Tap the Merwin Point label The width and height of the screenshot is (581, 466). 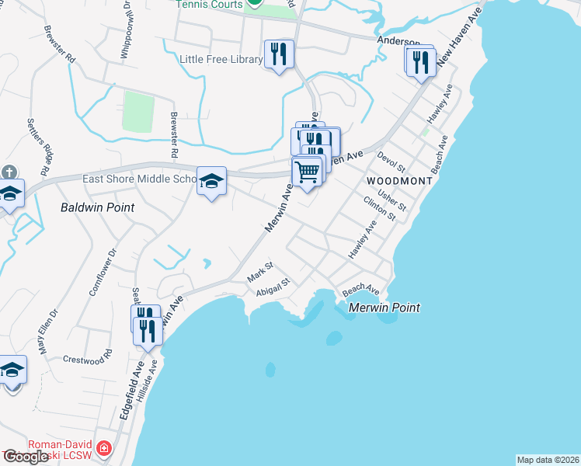coord(384,308)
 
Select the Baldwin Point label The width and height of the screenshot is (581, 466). coord(98,207)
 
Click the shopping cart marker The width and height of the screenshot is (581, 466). coord(308,172)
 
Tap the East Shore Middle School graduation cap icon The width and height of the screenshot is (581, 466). coord(211,181)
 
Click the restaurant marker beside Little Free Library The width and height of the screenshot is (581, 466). coord(279,54)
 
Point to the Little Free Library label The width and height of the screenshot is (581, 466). coord(221,59)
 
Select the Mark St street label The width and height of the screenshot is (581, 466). coord(260,273)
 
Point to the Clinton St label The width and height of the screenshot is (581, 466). coord(380,208)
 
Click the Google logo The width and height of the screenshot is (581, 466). coord(26,457)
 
